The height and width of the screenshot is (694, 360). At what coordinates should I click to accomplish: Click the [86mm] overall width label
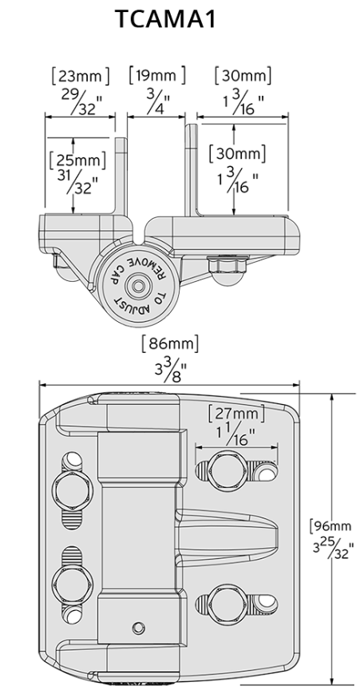pos(169,344)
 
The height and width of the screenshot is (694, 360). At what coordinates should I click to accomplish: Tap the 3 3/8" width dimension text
pos(169,371)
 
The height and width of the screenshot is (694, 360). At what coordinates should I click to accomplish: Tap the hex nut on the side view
pos(218,264)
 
